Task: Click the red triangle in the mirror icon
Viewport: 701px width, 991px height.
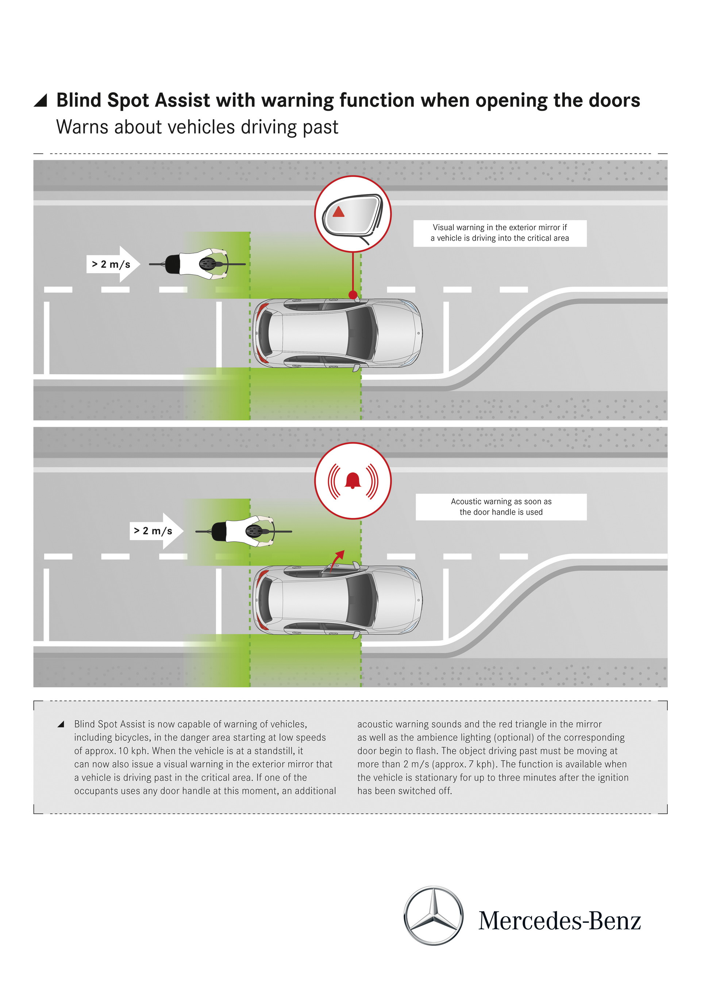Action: click(x=338, y=212)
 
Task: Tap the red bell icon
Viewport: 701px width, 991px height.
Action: click(x=353, y=480)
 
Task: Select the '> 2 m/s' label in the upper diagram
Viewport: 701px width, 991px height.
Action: click(x=111, y=264)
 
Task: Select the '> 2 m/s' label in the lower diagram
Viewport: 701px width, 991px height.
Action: click(x=153, y=531)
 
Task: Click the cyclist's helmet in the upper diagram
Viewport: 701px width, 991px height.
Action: click(x=207, y=264)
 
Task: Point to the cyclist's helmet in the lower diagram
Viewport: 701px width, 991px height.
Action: click(x=254, y=531)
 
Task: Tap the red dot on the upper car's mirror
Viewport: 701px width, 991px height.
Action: click(x=353, y=295)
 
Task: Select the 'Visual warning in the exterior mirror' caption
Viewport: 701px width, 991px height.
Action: click(x=500, y=233)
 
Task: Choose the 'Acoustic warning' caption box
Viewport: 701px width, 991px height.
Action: click(x=501, y=507)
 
